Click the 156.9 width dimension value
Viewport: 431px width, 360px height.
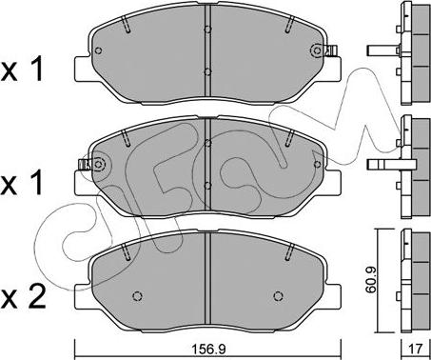point(208,350)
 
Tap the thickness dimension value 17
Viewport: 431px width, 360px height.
point(416,350)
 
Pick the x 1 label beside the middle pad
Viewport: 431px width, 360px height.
point(22,183)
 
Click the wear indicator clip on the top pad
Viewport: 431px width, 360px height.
point(332,50)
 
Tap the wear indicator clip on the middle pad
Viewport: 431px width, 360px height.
point(84,165)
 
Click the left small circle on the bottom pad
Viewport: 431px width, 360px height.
point(137,296)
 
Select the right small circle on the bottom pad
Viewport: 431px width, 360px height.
point(278,296)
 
